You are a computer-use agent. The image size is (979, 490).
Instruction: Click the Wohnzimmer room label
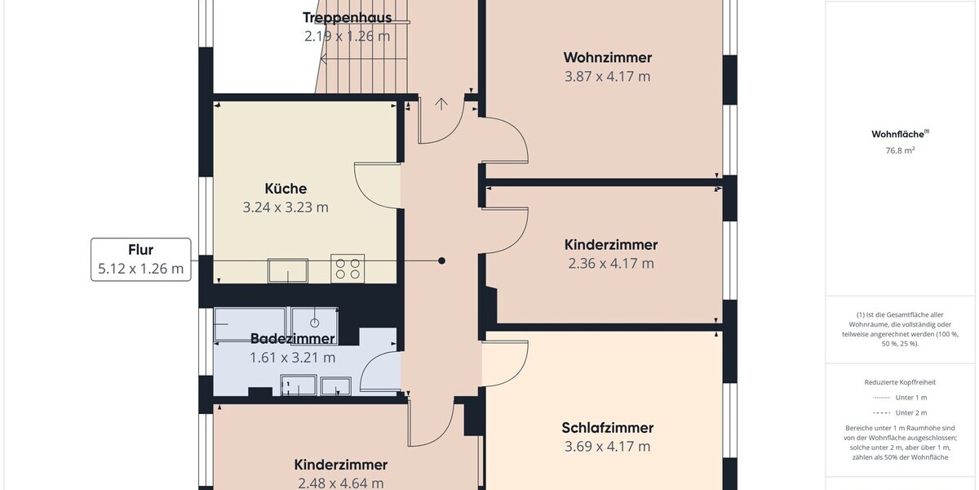point(608,57)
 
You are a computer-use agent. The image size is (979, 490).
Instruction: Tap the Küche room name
point(286,189)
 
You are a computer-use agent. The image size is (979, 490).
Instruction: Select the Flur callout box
point(140,259)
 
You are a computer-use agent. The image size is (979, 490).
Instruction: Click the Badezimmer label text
point(292,338)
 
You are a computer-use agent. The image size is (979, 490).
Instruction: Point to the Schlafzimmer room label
point(608,428)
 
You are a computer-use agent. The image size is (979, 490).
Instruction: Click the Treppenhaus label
point(347,17)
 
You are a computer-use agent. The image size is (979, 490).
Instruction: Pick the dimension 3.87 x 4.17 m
point(608,77)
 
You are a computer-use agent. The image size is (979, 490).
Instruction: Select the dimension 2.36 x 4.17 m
point(611,263)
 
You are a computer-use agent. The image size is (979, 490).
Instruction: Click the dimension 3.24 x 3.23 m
point(286,207)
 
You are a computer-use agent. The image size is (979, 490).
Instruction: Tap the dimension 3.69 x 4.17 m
point(608,447)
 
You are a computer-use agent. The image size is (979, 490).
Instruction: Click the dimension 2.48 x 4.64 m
point(340,483)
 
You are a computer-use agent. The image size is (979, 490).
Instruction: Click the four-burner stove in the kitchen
point(348,268)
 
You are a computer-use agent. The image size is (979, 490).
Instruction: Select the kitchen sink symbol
point(288,270)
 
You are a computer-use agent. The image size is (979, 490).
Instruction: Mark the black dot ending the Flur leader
point(442,261)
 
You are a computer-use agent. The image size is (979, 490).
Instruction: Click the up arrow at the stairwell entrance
point(441,104)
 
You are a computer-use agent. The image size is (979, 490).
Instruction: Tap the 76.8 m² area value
point(900,150)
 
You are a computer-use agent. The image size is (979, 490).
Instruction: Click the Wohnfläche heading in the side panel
point(900,134)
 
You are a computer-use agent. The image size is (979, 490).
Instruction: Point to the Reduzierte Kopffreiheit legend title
point(900,382)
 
